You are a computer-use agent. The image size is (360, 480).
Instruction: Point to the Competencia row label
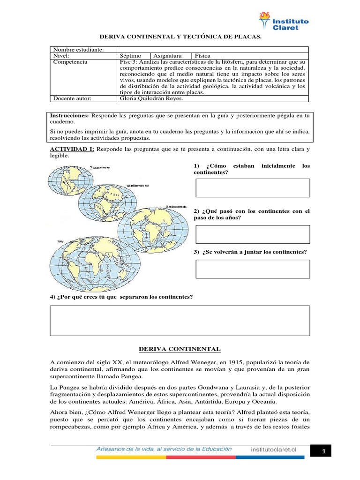tap(70, 62)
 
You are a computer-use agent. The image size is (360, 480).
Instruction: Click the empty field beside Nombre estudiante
tap(212, 50)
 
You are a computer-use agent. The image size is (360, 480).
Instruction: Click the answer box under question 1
tap(252, 187)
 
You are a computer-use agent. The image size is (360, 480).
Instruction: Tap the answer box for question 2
tap(252, 234)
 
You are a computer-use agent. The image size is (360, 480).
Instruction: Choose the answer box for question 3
tap(252, 269)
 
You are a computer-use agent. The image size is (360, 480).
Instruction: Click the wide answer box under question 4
tap(180, 321)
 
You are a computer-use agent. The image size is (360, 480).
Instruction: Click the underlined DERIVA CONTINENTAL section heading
tap(180, 349)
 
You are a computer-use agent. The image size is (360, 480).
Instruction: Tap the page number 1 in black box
tap(323, 451)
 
